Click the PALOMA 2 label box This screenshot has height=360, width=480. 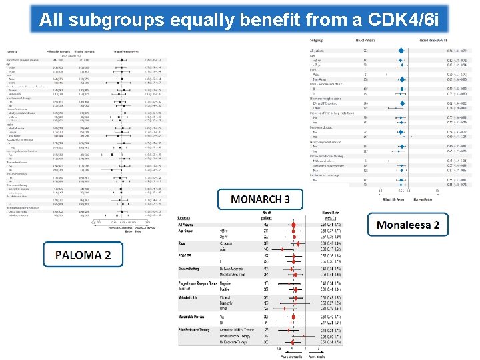pyautogui.click(x=83, y=255)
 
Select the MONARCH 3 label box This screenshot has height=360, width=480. pyautogui.click(x=260, y=199)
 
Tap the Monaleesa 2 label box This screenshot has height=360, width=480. pyautogui.click(x=408, y=225)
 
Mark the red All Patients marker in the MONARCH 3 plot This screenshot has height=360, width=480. pyautogui.click(x=296, y=225)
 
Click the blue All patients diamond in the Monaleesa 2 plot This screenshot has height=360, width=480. pyautogui.click(x=400, y=51)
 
